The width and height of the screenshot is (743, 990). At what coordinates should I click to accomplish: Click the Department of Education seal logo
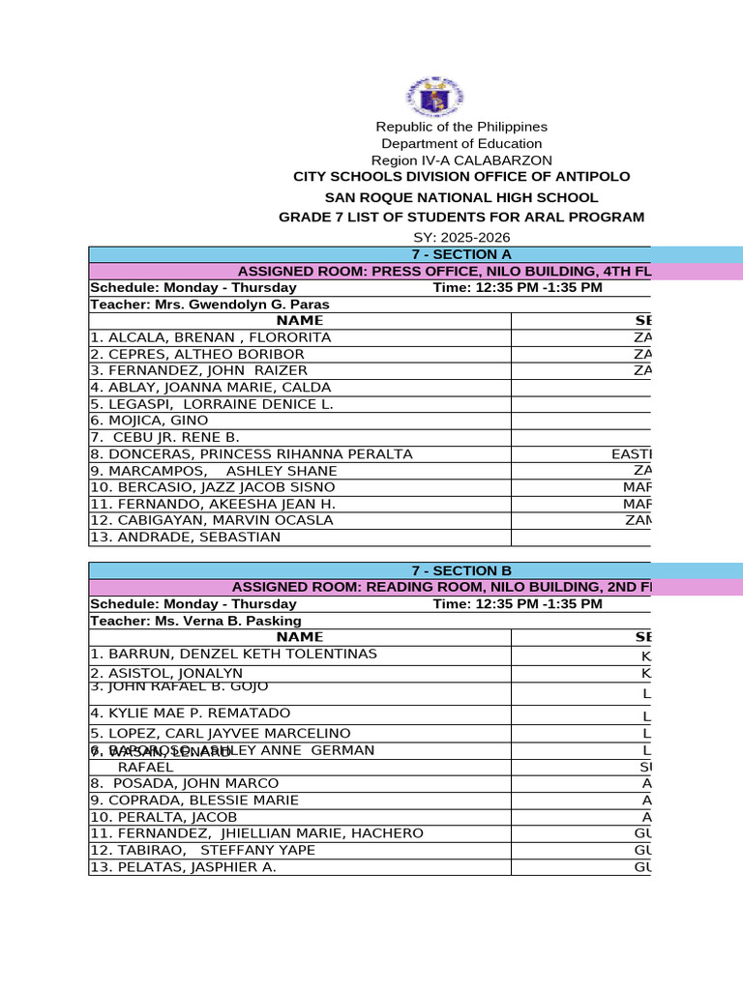[x=432, y=96]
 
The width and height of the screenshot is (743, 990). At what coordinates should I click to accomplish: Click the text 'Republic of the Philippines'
[x=461, y=127]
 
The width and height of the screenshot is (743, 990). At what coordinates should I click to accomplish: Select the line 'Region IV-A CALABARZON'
[x=461, y=160]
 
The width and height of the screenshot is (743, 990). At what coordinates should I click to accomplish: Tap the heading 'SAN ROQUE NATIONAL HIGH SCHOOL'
[x=461, y=197]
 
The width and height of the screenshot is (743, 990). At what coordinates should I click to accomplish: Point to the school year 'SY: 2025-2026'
[x=461, y=238]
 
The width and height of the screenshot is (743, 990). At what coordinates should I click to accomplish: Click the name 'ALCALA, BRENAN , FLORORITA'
[x=210, y=337]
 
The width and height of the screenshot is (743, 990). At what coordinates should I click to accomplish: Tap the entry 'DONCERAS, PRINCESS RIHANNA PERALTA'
[x=251, y=453]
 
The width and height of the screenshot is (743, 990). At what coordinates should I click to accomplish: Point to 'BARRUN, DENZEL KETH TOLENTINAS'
[x=233, y=654]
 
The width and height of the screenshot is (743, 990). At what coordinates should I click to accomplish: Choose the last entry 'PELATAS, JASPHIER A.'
[x=183, y=867]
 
